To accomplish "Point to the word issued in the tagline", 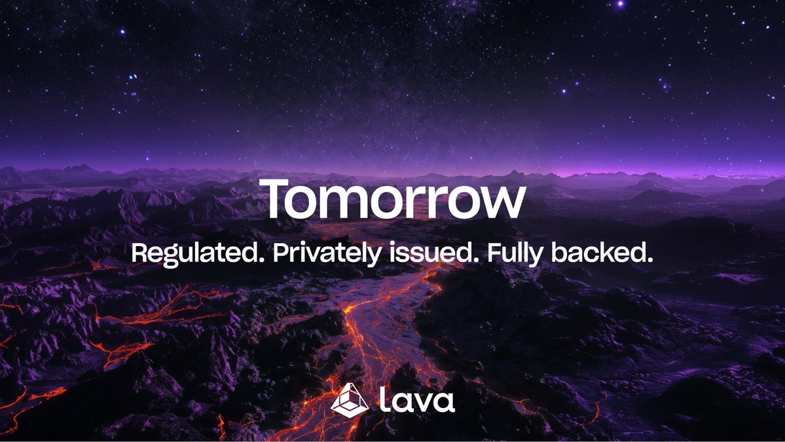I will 430,253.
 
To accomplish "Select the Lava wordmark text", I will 416,399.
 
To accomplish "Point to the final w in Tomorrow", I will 501,203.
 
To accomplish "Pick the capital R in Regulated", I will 139,253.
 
